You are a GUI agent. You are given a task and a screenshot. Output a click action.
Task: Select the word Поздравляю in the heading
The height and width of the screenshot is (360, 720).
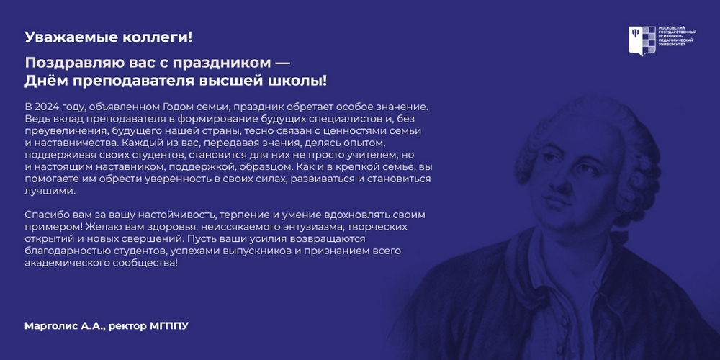[x=73, y=62]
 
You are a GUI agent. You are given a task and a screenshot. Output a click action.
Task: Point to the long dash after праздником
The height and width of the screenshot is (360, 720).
[x=279, y=61]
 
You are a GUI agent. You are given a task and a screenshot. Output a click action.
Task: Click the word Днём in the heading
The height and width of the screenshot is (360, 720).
[x=45, y=81]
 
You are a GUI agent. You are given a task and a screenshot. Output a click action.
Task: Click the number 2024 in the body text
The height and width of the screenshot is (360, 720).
[x=45, y=107]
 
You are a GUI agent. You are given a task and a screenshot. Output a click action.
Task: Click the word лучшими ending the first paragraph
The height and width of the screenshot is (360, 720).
[x=49, y=191]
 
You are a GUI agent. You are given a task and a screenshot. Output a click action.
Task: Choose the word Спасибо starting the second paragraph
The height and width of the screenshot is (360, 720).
[x=45, y=215]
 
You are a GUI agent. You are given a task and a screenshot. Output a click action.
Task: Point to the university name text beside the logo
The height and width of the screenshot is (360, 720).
[x=677, y=36]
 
